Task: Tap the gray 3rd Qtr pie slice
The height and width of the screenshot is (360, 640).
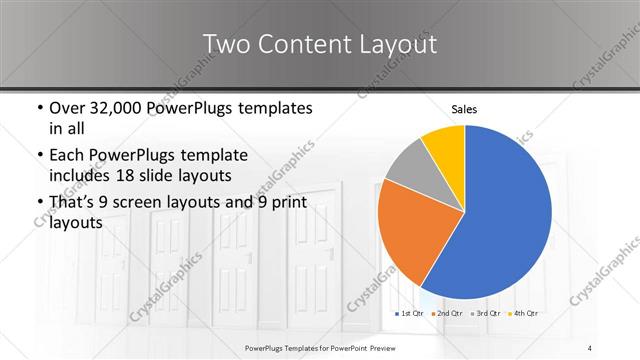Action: point(410,165)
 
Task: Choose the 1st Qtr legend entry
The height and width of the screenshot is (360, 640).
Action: point(410,314)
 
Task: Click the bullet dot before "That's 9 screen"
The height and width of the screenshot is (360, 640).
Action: point(38,202)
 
